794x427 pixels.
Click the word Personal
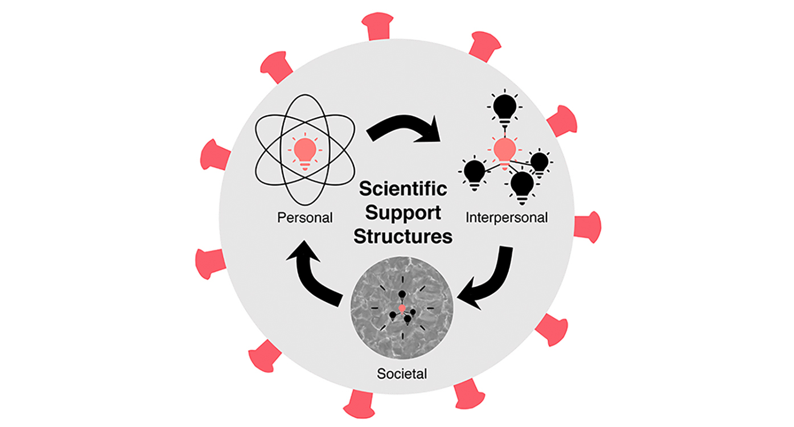[x=305, y=217]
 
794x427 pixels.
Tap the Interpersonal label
[x=506, y=217]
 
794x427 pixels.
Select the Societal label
[x=402, y=374]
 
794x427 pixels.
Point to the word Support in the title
[x=403, y=213]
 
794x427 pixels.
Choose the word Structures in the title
[x=403, y=236]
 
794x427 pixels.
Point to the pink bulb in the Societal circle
[x=402, y=309]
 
